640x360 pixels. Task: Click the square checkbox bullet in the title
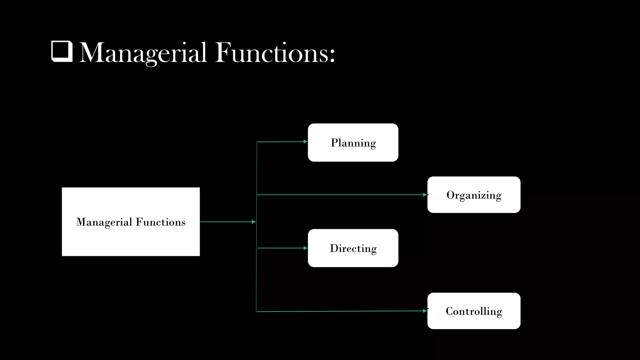tap(62, 52)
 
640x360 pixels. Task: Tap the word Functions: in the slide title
tap(275, 52)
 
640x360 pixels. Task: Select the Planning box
tap(353, 142)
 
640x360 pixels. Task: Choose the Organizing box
tap(474, 195)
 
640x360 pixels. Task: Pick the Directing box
tap(353, 248)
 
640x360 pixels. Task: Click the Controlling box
tap(474, 311)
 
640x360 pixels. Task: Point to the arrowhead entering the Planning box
tap(305, 142)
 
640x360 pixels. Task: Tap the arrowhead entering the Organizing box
tap(425, 195)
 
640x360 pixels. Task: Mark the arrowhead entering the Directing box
tap(305, 248)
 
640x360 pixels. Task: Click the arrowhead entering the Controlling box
tap(425, 311)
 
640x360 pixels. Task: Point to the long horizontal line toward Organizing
tap(341, 195)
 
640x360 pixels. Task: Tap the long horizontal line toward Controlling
tap(341, 311)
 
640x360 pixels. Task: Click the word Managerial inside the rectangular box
tap(104, 222)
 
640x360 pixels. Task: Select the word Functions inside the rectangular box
tap(161, 222)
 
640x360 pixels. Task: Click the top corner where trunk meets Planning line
tap(257, 142)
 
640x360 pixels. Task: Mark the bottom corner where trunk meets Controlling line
tap(256, 312)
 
